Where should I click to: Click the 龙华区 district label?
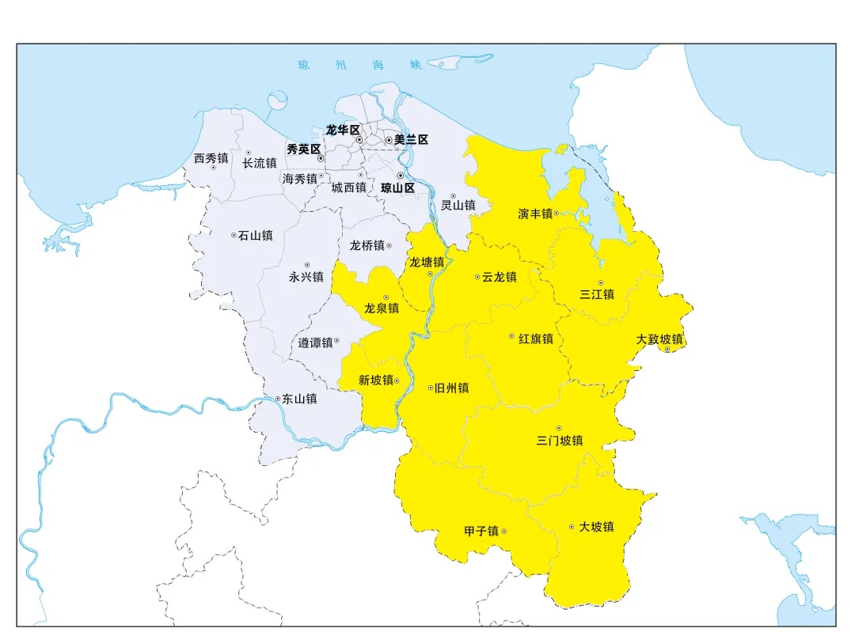coord(343,130)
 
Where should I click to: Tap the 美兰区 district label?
coord(411,139)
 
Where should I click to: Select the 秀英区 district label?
coord(302,149)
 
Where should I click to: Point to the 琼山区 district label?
coord(397,188)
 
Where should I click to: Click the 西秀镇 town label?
coord(211,158)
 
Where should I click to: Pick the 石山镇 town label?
coord(256,235)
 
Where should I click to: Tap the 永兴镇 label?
coord(306,277)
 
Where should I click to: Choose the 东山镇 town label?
coord(299,399)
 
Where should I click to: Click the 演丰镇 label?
coord(535,214)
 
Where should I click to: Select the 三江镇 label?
coord(597,294)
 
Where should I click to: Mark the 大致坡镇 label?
coord(659,339)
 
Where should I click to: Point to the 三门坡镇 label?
coord(559,441)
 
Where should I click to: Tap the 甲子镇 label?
coord(481,531)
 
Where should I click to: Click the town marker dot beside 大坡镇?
coord(572,527)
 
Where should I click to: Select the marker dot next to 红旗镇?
coord(511,337)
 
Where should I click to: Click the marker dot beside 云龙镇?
coord(477,277)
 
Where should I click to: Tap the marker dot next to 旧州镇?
coord(430,388)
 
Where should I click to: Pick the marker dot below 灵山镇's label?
coord(454,195)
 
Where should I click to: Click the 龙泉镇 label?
coord(382,308)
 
